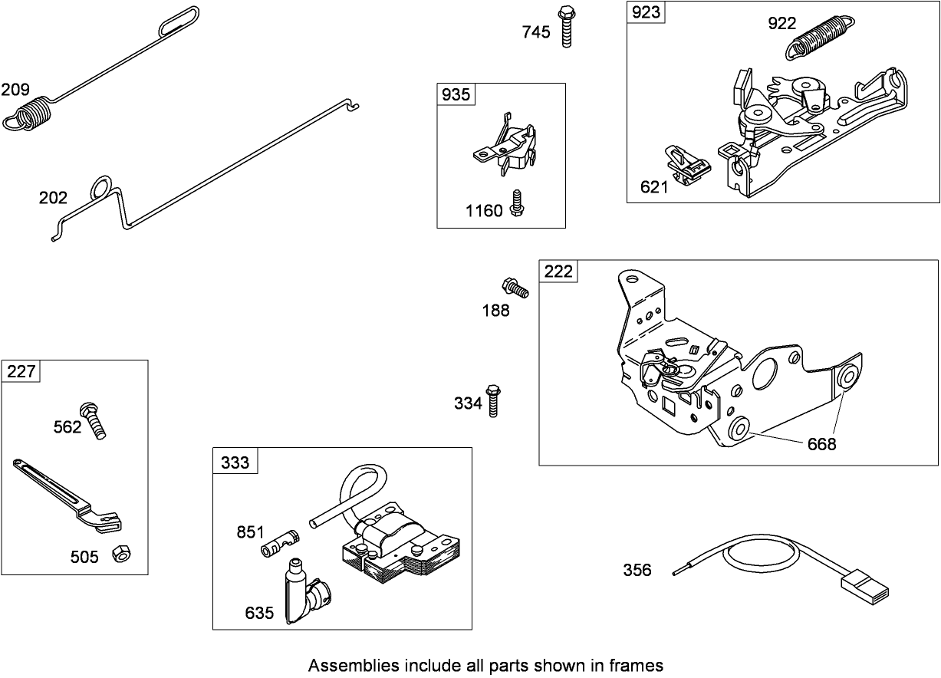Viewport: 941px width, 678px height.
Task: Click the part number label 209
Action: pyautogui.click(x=15, y=89)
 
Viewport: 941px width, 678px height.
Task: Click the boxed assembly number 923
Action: pyautogui.click(x=645, y=13)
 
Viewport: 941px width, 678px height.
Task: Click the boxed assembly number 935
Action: pyautogui.click(x=456, y=94)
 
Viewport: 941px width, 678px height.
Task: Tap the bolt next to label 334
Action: pyautogui.click(x=494, y=399)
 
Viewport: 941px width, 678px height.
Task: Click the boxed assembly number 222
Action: pyautogui.click(x=558, y=272)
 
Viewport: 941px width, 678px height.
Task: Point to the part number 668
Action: pyautogui.click(x=821, y=443)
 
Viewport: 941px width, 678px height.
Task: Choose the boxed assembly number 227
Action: pyautogui.click(x=21, y=371)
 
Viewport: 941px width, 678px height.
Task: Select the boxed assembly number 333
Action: pyautogui.click(x=235, y=462)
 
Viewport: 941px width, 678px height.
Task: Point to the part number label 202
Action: pyautogui.click(x=54, y=198)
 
